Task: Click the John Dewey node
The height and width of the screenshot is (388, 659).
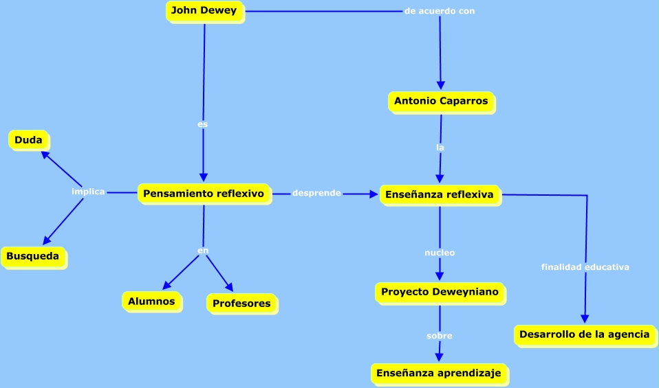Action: pyautogui.click(x=204, y=11)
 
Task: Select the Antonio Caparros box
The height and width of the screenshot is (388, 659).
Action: pyautogui.click(x=441, y=102)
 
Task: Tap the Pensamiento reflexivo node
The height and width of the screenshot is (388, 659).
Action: pyautogui.click(x=204, y=194)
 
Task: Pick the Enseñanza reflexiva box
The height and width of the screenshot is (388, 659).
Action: pyautogui.click(x=440, y=195)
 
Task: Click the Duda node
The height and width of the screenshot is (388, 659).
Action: pyautogui.click(x=28, y=141)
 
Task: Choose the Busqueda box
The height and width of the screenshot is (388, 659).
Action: pyautogui.click(x=32, y=257)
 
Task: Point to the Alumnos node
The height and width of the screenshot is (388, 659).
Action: pyautogui.click(x=151, y=301)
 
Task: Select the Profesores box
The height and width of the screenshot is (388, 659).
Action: pyautogui.click(x=241, y=304)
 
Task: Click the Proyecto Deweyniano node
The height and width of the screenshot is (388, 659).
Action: pyautogui.click(x=439, y=293)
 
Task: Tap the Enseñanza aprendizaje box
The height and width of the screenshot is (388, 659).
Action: pyautogui.click(x=440, y=374)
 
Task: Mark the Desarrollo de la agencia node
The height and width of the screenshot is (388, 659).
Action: pyautogui.click(x=584, y=335)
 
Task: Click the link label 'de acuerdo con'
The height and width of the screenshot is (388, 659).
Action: pyautogui.click(x=440, y=11)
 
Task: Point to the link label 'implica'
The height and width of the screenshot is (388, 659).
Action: pyautogui.click(x=88, y=192)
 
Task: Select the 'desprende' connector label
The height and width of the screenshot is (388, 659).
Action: pyautogui.click(x=316, y=193)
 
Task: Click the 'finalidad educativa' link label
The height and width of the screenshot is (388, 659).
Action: pyautogui.click(x=585, y=267)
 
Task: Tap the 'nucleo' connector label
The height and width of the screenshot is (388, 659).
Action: pyautogui.click(x=440, y=253)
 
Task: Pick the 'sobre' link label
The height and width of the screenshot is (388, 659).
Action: pyautogui.click(x=440, y=336)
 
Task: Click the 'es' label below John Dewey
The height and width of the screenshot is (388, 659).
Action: pyautogui.click(x=202, y=124)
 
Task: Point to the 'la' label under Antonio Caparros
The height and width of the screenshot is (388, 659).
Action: pyautogui.click(x=440, y=147)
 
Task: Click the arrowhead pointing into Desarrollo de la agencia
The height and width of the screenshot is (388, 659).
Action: pyautogui.click(x=585, y=319)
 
